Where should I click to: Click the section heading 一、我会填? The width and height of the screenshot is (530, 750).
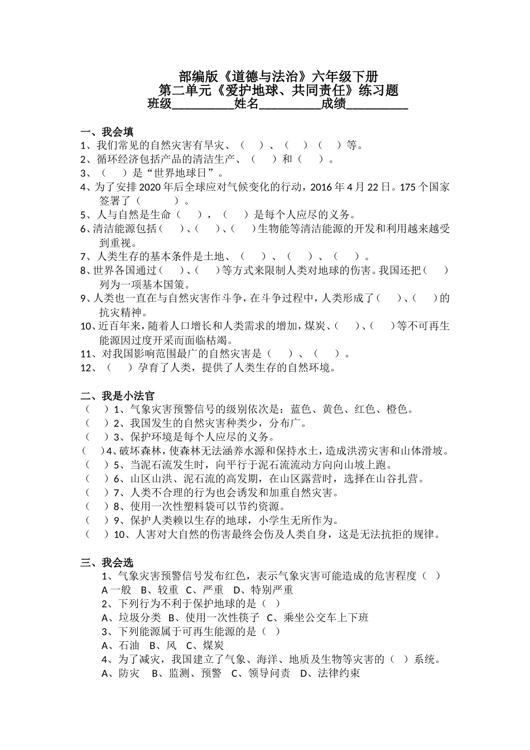(107, 132)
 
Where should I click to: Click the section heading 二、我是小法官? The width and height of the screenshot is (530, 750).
(118, 396)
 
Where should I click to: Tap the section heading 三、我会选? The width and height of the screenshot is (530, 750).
(107, 562)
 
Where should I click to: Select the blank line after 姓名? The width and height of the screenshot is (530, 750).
(291, 105)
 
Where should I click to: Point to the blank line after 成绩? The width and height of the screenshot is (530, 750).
(378, 105)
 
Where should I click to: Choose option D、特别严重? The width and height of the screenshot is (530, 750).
(263, 590)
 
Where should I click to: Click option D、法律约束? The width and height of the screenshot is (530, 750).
(330, 674)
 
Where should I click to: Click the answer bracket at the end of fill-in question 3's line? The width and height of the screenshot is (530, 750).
(111, 173)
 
